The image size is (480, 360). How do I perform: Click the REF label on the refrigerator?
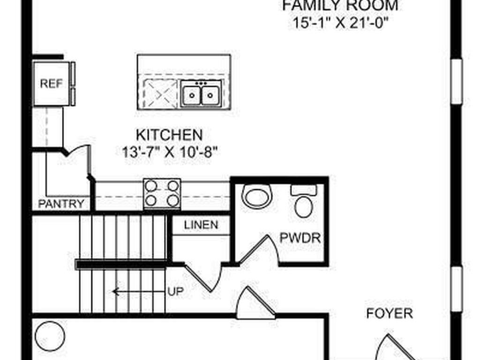click(51, 83)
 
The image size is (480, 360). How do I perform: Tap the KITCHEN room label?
click(169, 135)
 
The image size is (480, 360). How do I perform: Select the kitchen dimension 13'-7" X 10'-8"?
click(169, 152)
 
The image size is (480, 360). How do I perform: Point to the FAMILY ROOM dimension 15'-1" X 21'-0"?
click(340, 23)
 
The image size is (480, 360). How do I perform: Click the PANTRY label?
click(61, 203)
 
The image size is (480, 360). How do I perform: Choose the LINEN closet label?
click(201, 225)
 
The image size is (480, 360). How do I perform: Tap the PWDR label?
click(300, 238)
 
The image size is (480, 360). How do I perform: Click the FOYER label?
click(390, 314)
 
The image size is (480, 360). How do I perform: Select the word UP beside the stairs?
click(175, 292)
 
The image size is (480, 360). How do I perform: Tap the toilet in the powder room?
click(303, 201)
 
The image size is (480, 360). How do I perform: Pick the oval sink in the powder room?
click(257, 196)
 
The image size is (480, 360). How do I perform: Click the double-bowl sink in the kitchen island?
click(201, 94)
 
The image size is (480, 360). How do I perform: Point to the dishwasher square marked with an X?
click(160, 94)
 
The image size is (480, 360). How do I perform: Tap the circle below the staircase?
click(50, 336)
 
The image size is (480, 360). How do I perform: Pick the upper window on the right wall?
click(457, 82)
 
